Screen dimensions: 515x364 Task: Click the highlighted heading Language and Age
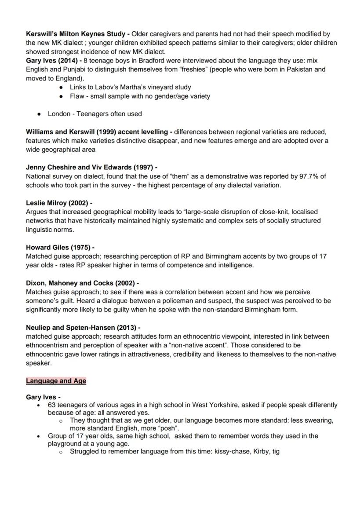pos(56,381)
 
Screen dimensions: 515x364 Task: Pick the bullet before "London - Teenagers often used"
pos(39,114)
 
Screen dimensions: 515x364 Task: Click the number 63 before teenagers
pos(52,405)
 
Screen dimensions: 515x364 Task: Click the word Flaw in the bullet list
pos(77,96)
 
